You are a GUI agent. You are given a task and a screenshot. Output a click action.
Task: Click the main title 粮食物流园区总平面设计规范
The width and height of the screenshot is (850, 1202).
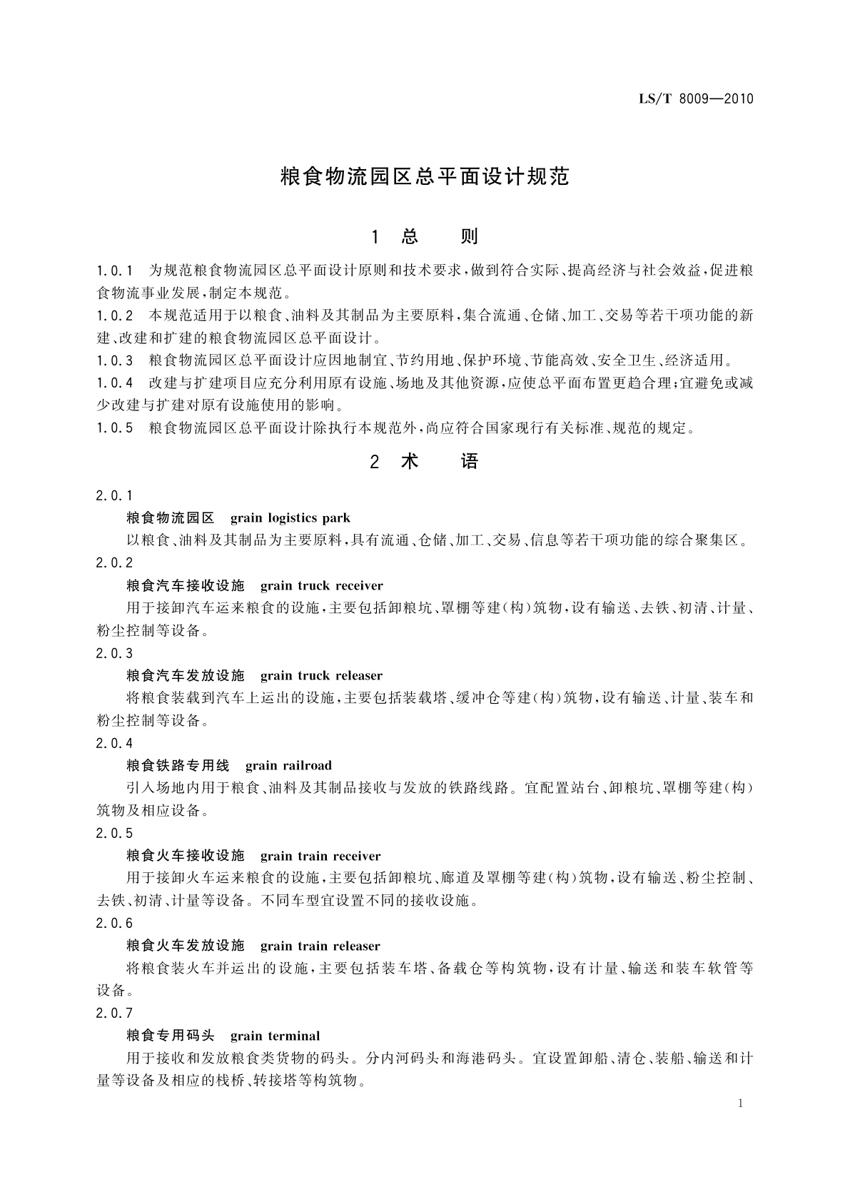[x=425, y=177]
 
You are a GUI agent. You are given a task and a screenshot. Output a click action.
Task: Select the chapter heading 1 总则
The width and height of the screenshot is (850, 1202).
[x=425, y=237]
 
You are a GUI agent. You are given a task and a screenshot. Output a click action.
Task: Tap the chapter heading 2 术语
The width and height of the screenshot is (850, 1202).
[x=425, y=462]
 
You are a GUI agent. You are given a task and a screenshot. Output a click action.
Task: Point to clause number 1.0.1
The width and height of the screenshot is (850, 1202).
[x=115, y=271]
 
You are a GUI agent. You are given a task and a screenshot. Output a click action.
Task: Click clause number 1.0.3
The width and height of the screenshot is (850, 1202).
[x=115, y=360]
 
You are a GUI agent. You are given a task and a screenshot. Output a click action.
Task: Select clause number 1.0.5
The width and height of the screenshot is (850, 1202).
[x=115, y=428]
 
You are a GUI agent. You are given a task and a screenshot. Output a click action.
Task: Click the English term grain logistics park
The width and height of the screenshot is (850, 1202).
[x=290, y=518]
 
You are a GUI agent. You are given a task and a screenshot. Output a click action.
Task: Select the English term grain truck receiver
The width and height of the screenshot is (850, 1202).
[x=322, y=586]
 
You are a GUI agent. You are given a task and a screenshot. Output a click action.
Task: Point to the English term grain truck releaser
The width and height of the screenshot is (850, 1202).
[x=322, y=676]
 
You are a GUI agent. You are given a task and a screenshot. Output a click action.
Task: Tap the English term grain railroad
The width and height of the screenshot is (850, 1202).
[x=288, y=766]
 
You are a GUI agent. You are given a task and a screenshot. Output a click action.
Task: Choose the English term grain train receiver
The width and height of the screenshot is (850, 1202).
[x=320, y=856]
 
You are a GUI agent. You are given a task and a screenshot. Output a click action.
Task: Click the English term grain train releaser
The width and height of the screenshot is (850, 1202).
[x=320, y=946]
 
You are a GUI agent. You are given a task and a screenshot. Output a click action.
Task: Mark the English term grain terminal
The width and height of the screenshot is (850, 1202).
[x=275, y=1036]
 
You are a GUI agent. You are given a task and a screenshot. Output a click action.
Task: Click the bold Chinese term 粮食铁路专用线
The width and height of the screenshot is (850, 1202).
[x=178, y=766]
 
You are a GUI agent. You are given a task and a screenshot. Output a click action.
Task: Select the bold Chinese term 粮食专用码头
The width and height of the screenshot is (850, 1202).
[x=170, y=1036]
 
